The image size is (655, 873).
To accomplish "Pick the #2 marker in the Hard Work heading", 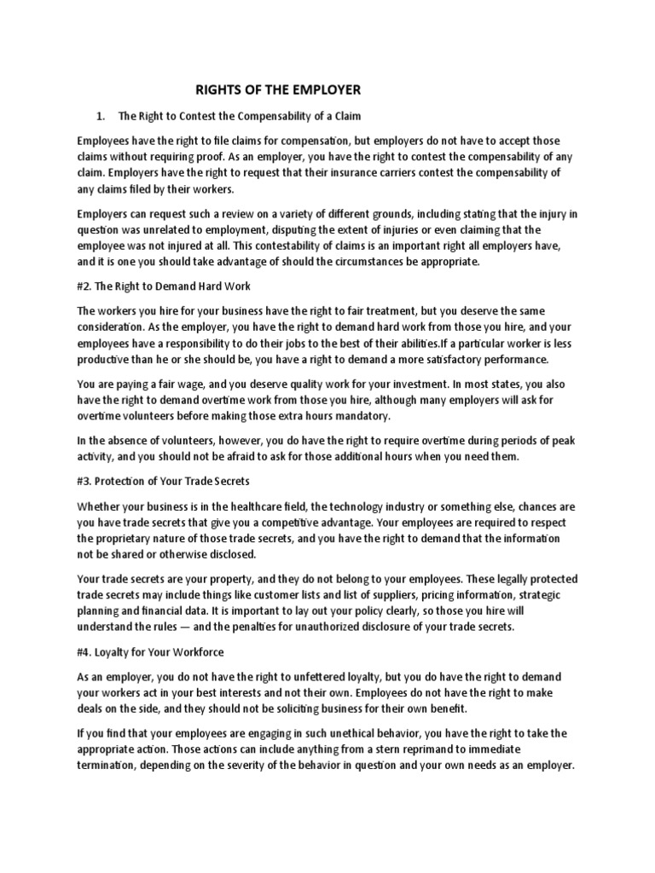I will click(x=85, y=286).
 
